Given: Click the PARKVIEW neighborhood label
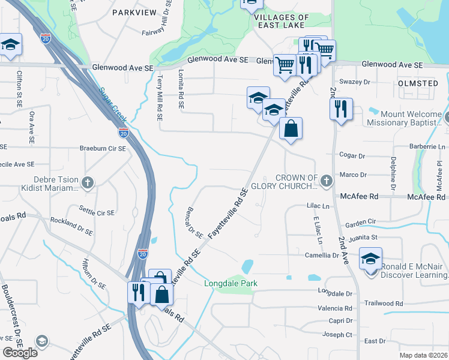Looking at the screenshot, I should pos(134,12).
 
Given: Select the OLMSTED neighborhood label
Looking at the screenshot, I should pos(417,83).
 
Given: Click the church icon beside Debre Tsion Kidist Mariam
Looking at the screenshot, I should pos(88,182).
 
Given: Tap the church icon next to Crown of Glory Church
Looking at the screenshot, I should pos(326,181).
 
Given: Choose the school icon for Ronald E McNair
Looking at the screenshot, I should pos(370,259).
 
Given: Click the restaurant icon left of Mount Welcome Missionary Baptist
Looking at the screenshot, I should pos(340,109).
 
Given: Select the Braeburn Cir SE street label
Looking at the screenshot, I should pos(103,148).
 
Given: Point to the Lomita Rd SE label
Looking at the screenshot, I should pos(181,88).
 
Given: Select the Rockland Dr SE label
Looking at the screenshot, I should pos(71,226).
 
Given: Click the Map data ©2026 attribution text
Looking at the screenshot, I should pos(423,355).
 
